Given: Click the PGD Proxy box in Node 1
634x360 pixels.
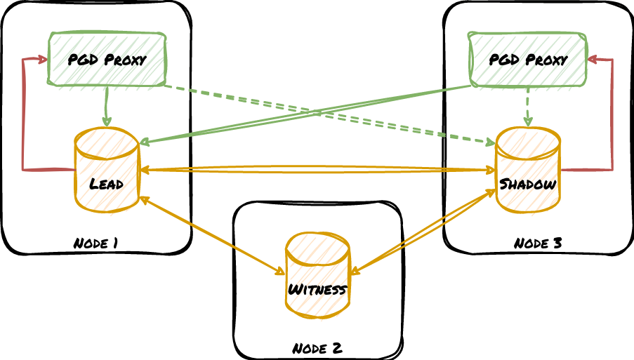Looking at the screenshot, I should click(x=107, y=59).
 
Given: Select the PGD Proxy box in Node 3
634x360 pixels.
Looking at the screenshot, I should click(x=528, y=59).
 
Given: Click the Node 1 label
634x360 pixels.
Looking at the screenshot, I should click(x=95, y=244).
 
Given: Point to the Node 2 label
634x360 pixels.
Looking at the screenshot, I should click(x=317, y=348).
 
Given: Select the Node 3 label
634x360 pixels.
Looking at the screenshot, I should click(x=538, y=244).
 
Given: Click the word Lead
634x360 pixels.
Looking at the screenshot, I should click(x=107, y=185).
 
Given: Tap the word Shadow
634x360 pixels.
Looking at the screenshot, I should click(x=528, y=185).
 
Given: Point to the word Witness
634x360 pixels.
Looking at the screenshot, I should click(x=317, y=289).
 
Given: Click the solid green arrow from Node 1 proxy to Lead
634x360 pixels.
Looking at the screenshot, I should click(x=107, y=105).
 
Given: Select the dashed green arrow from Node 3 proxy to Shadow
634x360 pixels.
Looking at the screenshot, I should click(x=528, y=105).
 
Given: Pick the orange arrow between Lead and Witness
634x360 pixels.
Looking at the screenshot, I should click(x=211, y=234).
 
